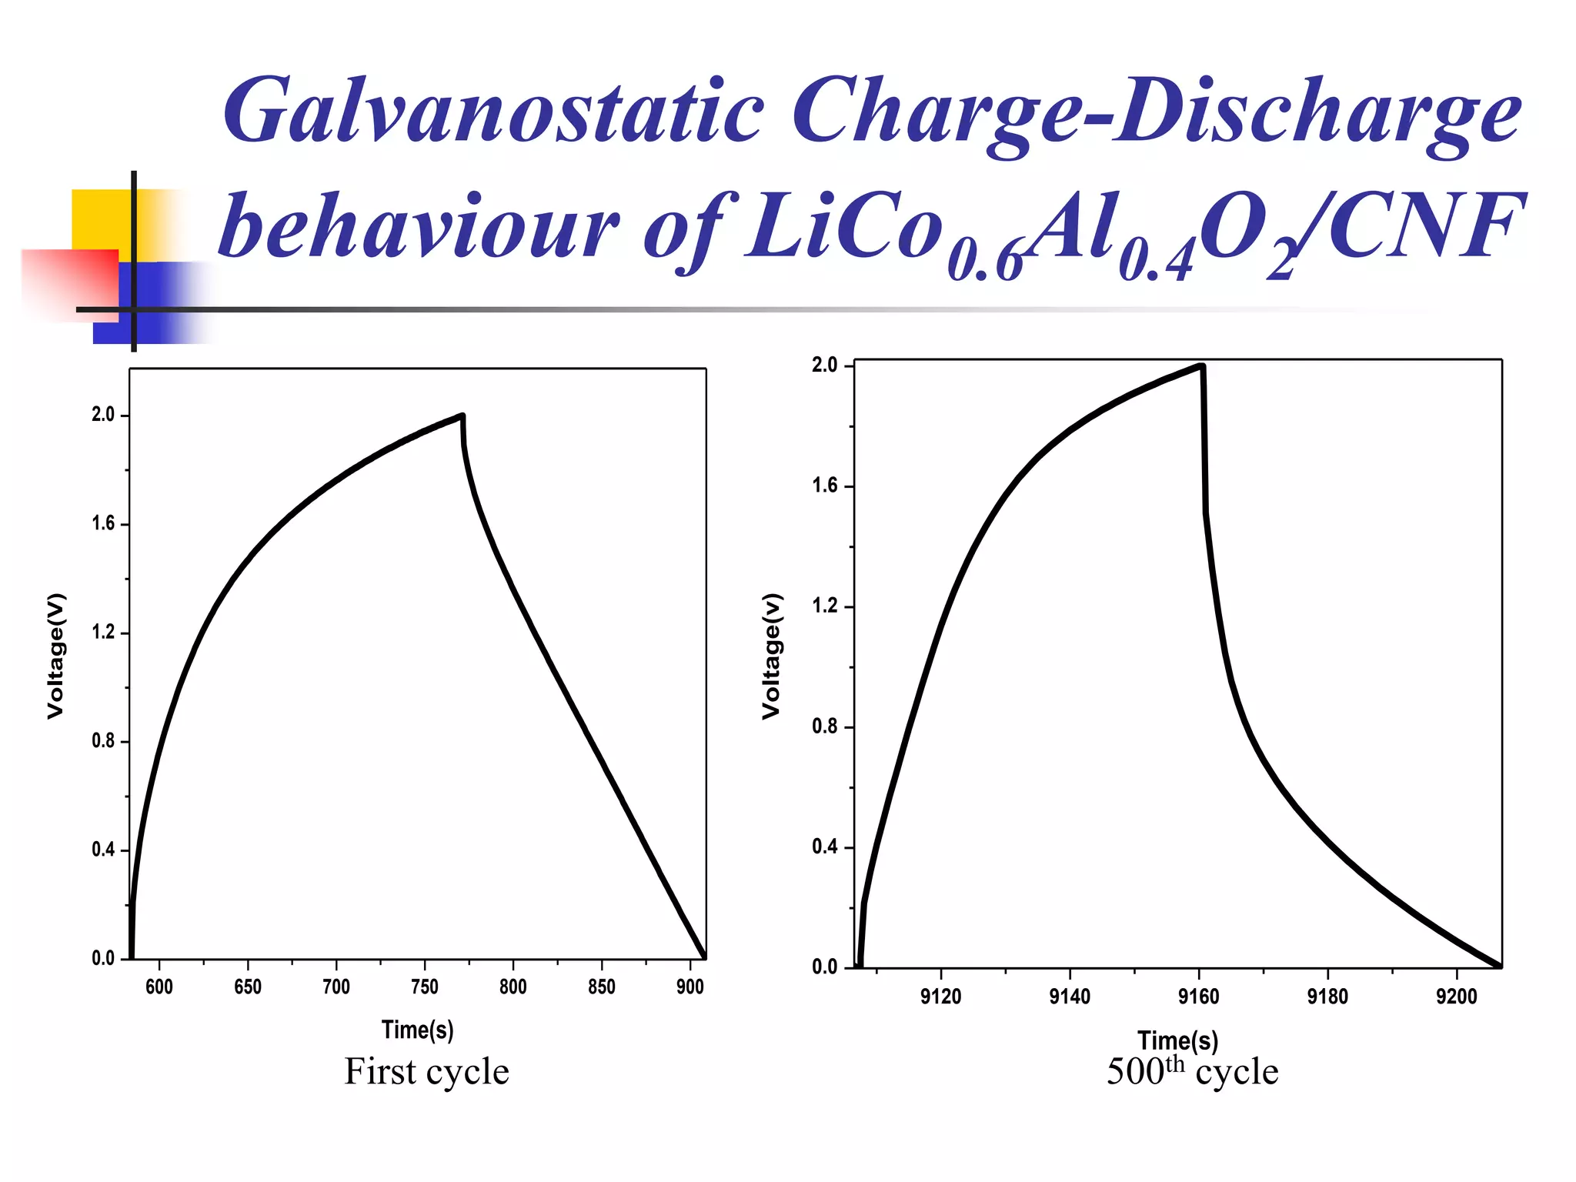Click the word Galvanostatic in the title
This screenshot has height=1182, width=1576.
tap(492, 112)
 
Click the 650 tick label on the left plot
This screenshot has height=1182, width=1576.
tap(248, 987)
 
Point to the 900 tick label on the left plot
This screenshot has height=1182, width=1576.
tap(689, 987)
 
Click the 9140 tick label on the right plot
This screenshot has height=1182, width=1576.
tap(1070, 997)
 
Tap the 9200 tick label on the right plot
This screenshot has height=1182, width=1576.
tap(1456, 997)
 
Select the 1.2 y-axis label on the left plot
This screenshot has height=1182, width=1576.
tap(103, 633)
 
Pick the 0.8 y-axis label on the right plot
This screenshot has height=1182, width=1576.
tap(824, 726)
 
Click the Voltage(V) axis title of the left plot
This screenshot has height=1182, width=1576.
tap(56, 656)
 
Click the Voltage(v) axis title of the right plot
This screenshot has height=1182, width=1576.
tap(772, 656)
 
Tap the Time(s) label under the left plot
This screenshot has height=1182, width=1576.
tap(418, 1030)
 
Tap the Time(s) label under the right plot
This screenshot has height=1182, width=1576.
tap(1178, 1040)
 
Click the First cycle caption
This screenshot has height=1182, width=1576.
tap(426, 1072)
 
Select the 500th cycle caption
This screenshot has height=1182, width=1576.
tap(1192, 1072)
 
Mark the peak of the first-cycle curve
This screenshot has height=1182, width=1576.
tap(462, 416)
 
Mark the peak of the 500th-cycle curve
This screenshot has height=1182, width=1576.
tap(1201, 366)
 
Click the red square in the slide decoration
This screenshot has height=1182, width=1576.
tap(69, 282)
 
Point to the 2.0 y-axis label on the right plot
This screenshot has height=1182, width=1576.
tap(824, 365)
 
